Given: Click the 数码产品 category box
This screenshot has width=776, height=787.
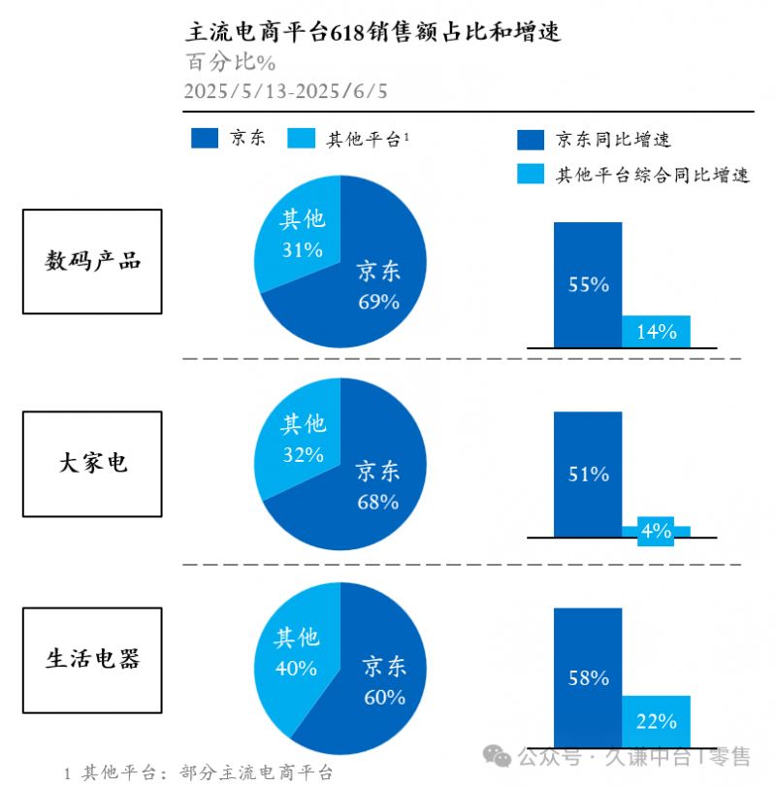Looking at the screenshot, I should point(92,261).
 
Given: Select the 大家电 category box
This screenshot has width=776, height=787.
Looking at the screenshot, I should point(92,463).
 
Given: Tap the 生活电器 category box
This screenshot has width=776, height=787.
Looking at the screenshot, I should point(92,659).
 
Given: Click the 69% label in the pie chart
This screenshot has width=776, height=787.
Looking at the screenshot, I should point(378,302).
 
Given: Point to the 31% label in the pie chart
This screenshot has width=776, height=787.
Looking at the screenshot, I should point(302,250).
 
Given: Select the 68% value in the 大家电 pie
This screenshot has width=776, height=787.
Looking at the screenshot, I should point(377,502).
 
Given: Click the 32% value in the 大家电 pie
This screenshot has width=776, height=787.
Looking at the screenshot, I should point(302,454).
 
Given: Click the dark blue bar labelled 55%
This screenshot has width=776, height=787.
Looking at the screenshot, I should point(588,284).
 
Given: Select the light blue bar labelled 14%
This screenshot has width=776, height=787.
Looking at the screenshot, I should point(656,332).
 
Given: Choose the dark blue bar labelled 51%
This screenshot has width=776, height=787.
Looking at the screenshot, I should point(588,475).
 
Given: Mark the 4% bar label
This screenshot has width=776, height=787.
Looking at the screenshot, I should point(656,531).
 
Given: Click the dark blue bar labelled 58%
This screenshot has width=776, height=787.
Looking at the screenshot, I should point(588,677).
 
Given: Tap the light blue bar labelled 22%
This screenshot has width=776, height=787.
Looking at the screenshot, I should point(656,721).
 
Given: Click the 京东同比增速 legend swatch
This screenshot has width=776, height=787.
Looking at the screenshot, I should point(530,140).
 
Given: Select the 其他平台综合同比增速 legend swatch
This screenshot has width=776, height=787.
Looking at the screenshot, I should point(530,175).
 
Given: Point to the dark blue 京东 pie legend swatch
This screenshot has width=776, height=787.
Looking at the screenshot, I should point(205,139).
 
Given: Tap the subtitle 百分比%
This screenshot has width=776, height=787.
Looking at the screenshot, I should point(231,62).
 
